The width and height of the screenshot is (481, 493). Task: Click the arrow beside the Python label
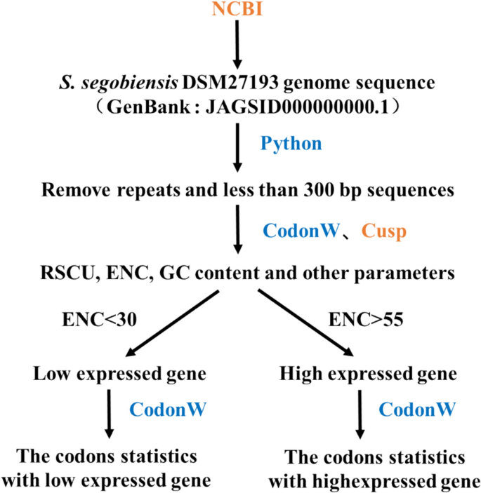point(239,151)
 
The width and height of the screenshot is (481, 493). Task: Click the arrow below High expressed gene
point(360,414)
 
